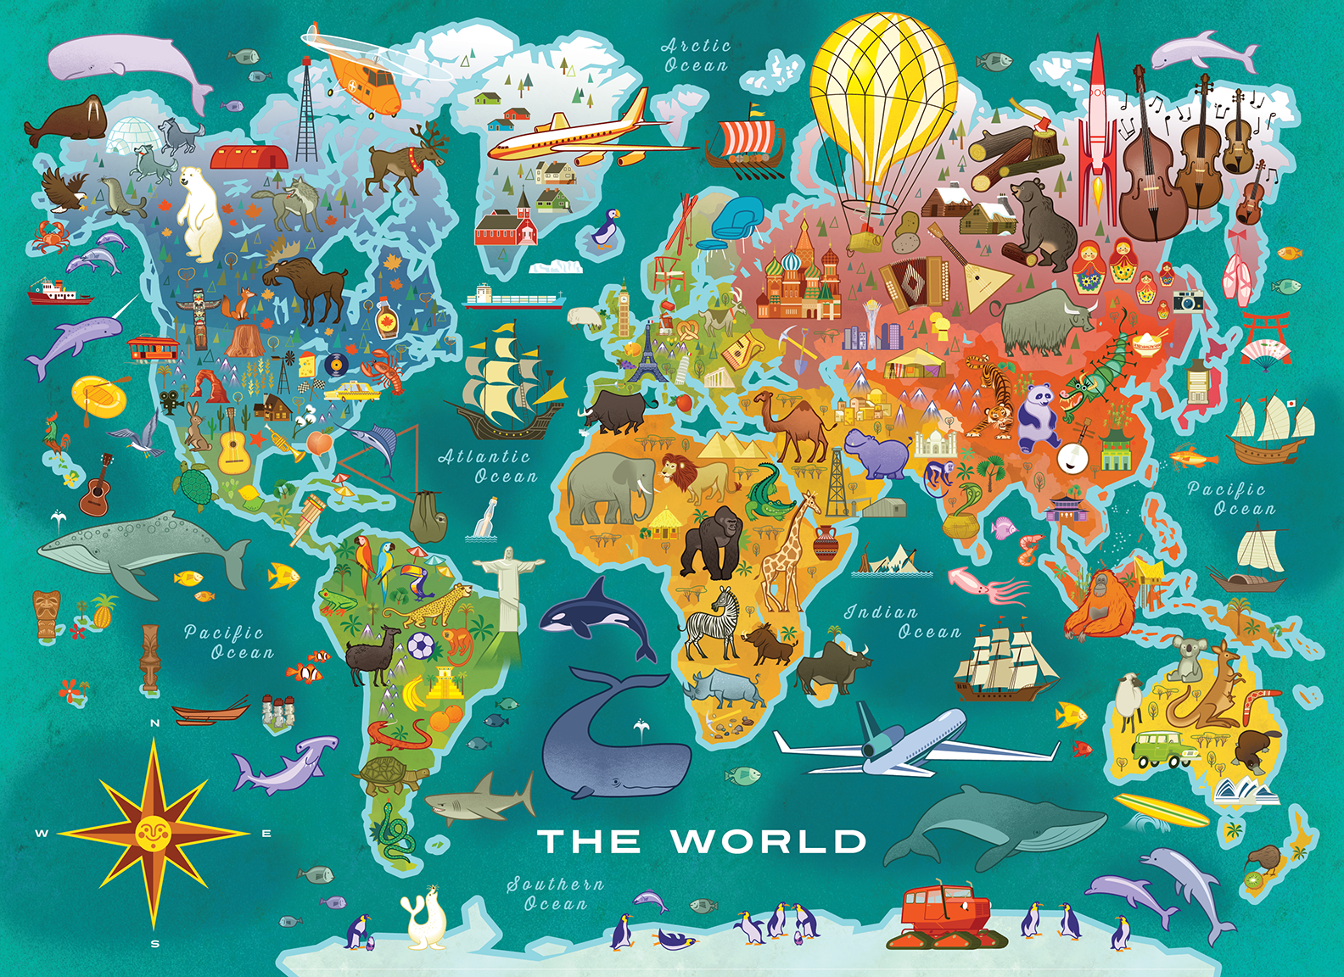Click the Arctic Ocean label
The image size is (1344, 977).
(x=696, y=56)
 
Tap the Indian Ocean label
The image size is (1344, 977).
(x=903, y=622)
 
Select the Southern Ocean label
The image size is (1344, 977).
(x=556, y=894)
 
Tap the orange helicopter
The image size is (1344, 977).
(x=361, y=76)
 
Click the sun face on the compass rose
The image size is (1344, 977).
(x=153, y=831)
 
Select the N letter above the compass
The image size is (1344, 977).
(x=154, y=723)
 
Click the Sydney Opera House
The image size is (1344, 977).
(x=1246, y=790)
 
